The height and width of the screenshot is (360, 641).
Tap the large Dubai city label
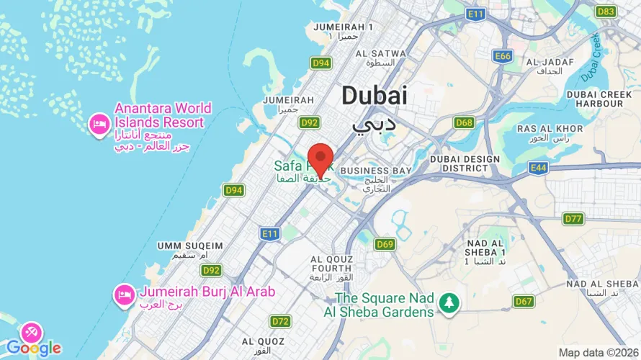[x=374, y=96]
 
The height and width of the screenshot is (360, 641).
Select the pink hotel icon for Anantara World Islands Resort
[x=98, y=125]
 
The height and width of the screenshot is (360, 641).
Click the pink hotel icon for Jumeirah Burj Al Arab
[x=124, y=294]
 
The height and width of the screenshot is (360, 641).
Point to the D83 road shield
[x=606, y=12]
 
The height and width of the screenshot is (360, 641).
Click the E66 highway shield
[x=503, y=55]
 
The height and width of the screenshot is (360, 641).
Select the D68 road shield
[x=464, y=123]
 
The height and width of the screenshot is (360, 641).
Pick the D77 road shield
[x=573, y=218]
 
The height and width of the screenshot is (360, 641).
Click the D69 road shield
[x=385, y=245]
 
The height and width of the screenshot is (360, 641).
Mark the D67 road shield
[x=523, y=300]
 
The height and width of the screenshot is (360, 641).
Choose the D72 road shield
[x=280, y=320]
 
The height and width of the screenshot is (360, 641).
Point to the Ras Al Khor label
[x=539, y=128]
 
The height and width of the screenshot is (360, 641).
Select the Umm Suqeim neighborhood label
[x=182, y=246]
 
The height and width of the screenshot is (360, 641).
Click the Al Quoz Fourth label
[x=331, y=264]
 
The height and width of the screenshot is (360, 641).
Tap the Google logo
[x=34, y=348]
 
